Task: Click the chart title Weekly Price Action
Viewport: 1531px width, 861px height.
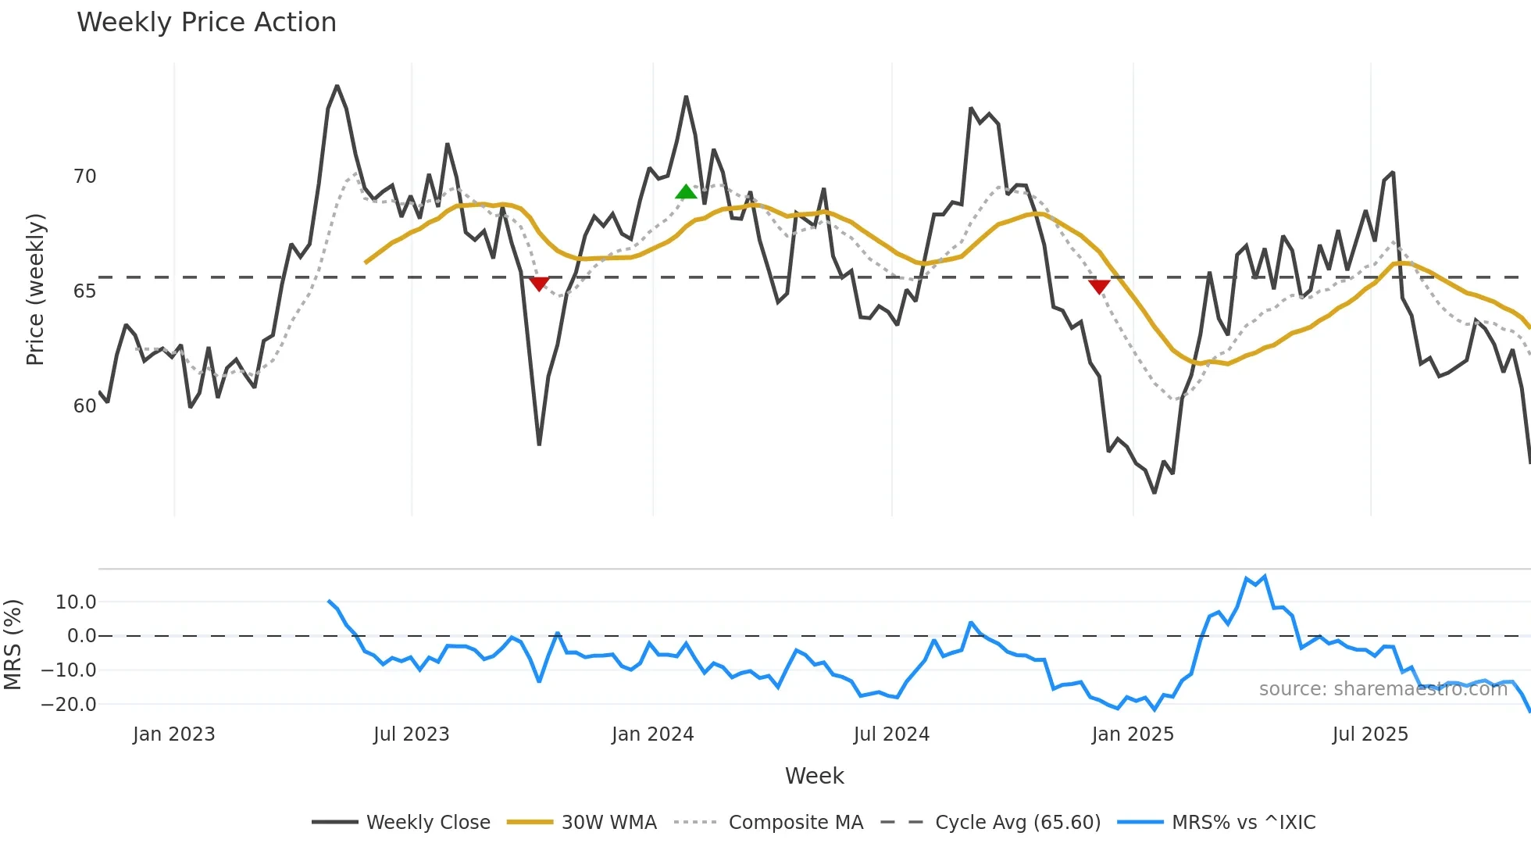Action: (x=206, y=23)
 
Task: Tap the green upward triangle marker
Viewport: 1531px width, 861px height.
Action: (x=686, y=192)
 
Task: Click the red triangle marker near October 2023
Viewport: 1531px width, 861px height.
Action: (x=539, y=284)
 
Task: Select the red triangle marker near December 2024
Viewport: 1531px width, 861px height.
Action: (x=1099, y=287)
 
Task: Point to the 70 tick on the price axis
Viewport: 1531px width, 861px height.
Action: (x=84, y=177)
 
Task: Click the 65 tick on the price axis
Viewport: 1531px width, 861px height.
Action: (x=84, y=291)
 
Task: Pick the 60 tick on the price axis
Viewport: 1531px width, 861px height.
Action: (x=84, y=406)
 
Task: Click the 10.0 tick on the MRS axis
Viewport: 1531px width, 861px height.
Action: (x=76, y=602)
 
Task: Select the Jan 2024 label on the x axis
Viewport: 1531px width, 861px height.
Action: (x=652, y=734)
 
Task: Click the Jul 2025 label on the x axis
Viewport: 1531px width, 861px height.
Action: (x=1370, y=734)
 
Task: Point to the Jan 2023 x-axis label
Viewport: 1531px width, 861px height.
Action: (x=173, y=734)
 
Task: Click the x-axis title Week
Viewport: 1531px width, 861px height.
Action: (x=814, y=776)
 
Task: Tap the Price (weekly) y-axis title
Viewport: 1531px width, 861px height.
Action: (x=35, y=289)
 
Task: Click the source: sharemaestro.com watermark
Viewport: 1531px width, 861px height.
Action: (x=1383, y=689)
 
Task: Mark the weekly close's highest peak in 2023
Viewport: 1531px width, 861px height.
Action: (x=337, y=86)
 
